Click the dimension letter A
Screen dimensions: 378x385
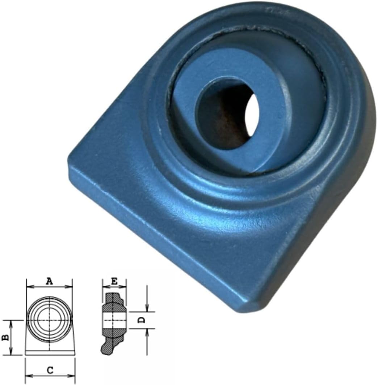click(x=50, y=281)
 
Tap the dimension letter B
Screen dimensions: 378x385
click(x=6, y=338)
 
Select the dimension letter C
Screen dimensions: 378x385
click(x=50, y=370)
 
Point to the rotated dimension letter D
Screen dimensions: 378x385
click(x=142, y=320)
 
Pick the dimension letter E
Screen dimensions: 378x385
click(x=114, y=281)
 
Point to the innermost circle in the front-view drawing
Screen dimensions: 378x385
click(x=50, y=320)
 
